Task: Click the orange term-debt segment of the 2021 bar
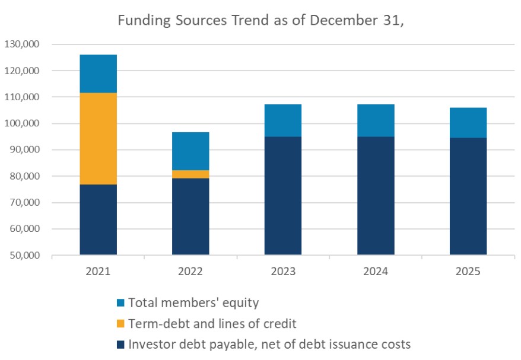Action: coord(98,139)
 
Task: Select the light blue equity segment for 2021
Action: coord(98,74)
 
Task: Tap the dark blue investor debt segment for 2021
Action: coord(98,219)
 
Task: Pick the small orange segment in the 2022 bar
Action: coord(190,174)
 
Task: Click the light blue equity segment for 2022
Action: coord(190,151)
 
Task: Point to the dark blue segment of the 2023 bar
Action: coord(283,196)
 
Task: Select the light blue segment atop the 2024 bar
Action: coord(376,120)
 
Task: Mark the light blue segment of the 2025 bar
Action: coord(468,123)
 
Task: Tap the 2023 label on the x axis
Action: coord(283,272)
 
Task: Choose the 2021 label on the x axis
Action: coord(98,272)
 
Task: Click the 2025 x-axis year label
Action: coord(468,272)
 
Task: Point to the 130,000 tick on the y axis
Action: coord(21,44)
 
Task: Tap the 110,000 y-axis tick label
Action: coord(21,97)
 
